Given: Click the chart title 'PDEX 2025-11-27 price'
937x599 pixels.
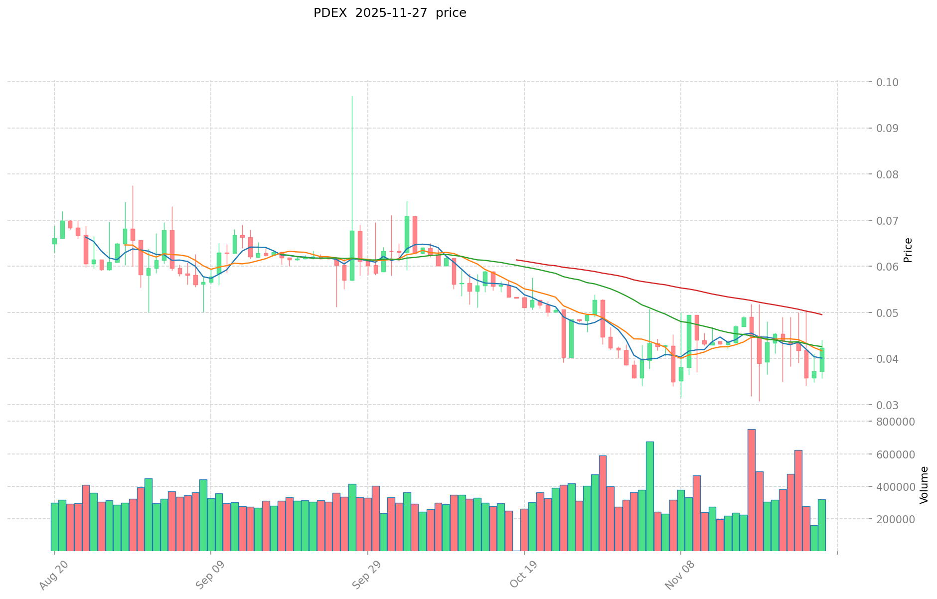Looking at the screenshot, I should tap(390, 13).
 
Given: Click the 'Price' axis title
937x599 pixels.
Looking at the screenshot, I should tap(908, 250).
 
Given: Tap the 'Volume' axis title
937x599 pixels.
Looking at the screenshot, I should tap(924, 485).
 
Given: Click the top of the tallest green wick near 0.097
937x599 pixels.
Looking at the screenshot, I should tap(352, 96).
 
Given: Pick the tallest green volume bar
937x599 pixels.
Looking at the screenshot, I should tap(649, 496).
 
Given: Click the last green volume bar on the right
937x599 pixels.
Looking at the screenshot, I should tap(821, 525).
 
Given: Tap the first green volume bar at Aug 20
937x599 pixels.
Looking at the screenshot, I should tap(54, 527).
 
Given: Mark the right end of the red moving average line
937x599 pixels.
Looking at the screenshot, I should tap(821, 314).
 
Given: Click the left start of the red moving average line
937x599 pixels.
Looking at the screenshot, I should tap(516, 260).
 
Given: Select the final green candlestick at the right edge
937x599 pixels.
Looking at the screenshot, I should tap(821, 359).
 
